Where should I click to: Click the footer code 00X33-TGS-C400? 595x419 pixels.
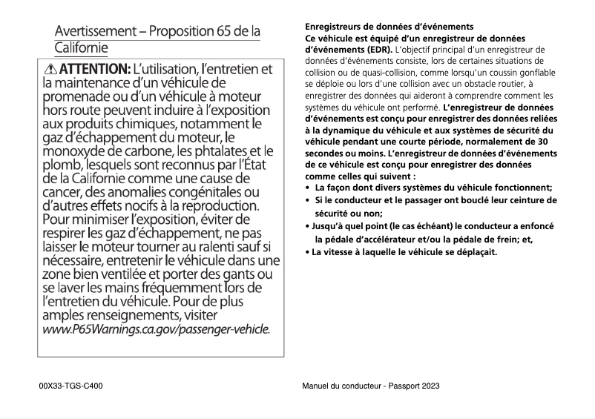(x=70, y=386)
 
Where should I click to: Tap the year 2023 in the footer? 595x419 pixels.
(x=429, y=386)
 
